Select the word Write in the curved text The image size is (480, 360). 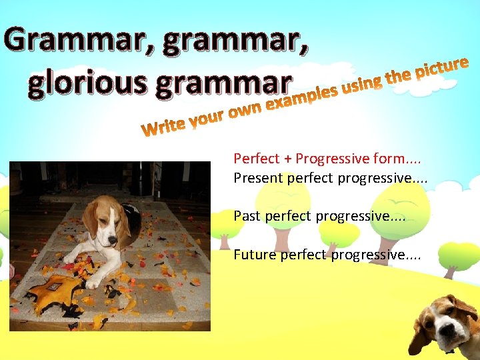tap(163, 127)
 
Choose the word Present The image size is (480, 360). tap(259, 178)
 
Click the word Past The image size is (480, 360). tap(247, 216)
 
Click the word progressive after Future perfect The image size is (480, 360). tap(367, 255)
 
